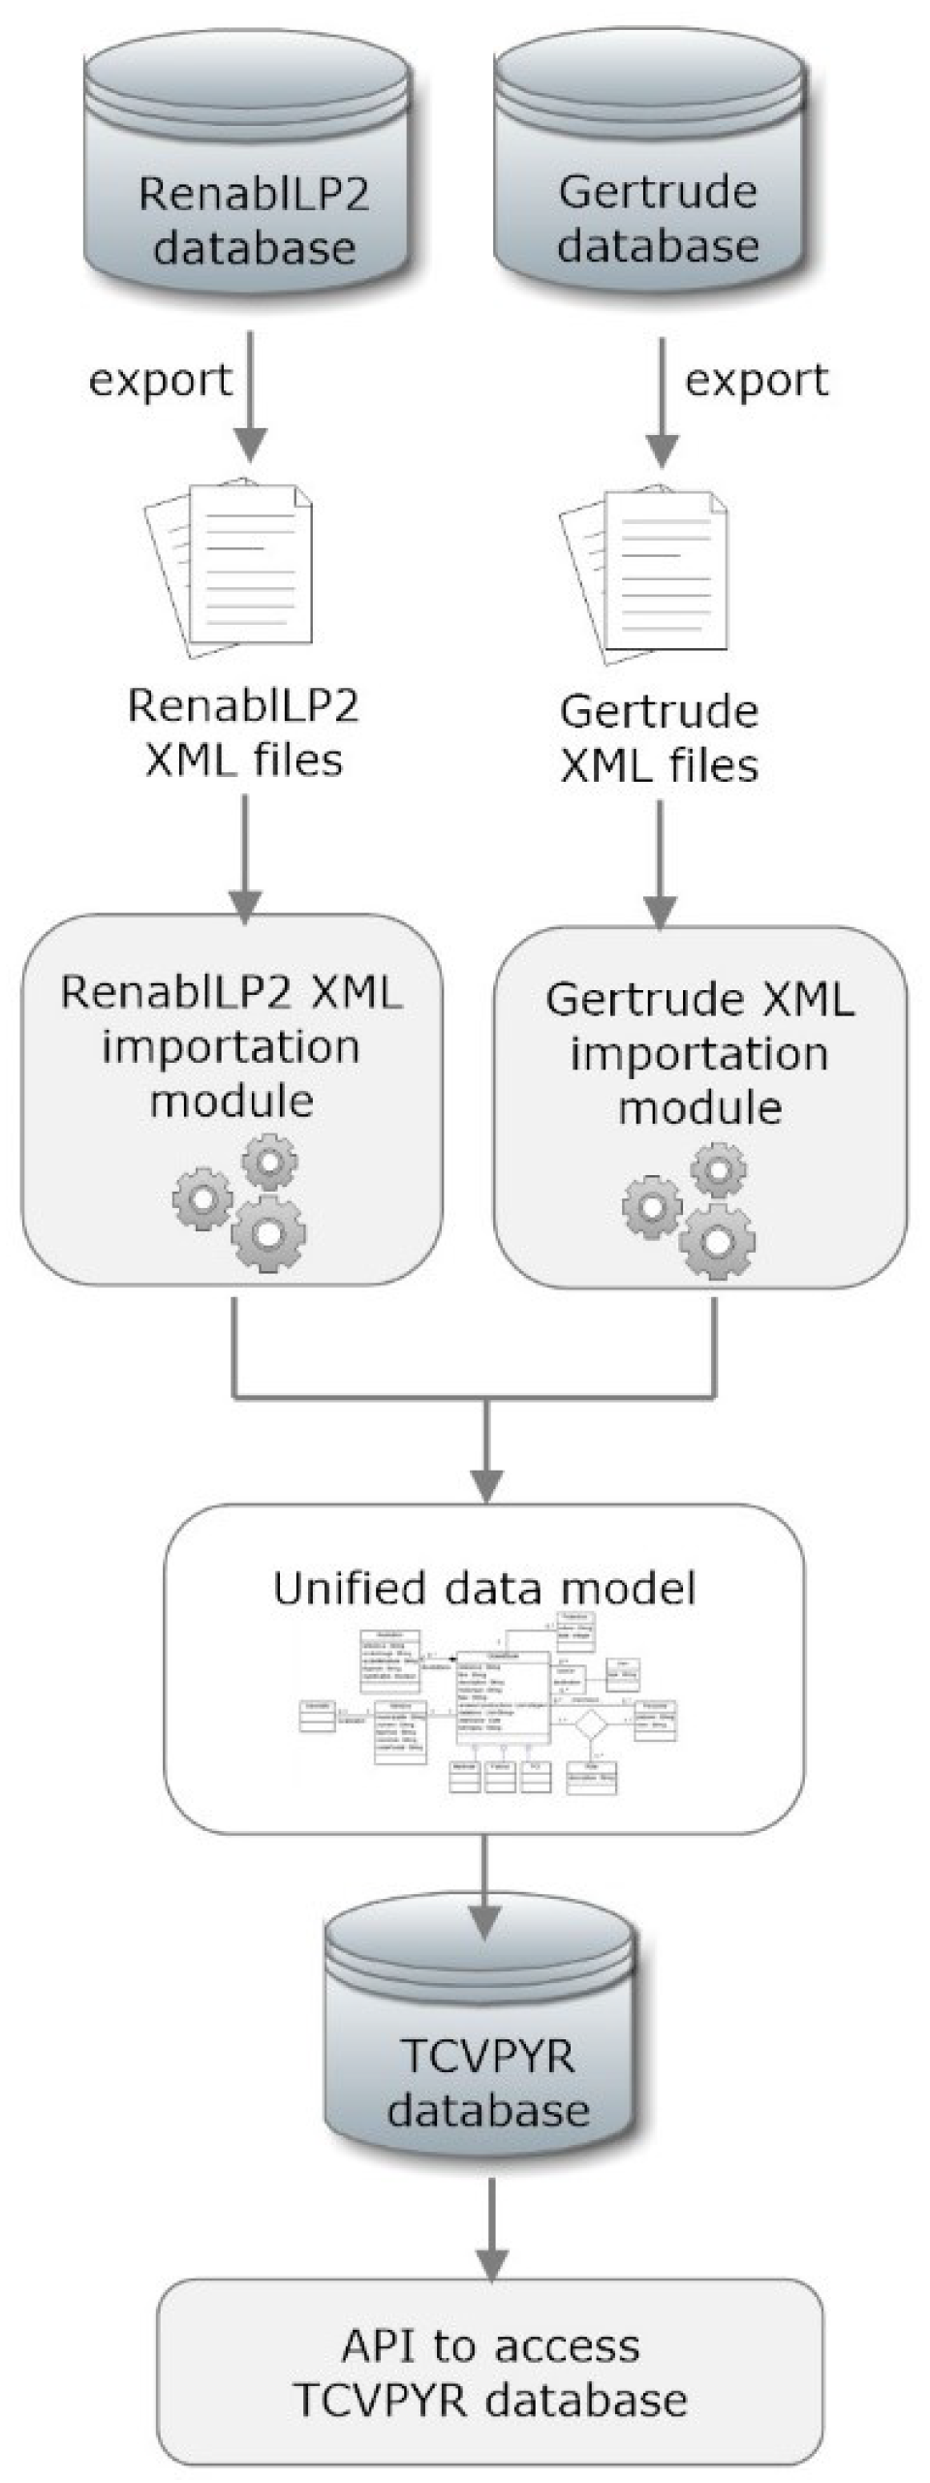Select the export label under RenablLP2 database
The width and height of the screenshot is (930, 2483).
160,379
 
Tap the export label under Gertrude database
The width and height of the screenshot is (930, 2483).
757,379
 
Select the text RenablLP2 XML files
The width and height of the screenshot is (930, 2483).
243,732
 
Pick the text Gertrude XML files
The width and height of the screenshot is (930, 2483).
659,738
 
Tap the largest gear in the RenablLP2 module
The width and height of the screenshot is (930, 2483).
268,1233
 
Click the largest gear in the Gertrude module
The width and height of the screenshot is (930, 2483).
716,1241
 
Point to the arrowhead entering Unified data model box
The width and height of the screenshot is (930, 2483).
485,1483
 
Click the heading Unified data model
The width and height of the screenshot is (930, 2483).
483,1590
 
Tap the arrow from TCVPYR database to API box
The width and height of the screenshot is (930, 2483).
493,2228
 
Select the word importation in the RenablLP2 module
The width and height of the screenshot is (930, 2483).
231,1047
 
